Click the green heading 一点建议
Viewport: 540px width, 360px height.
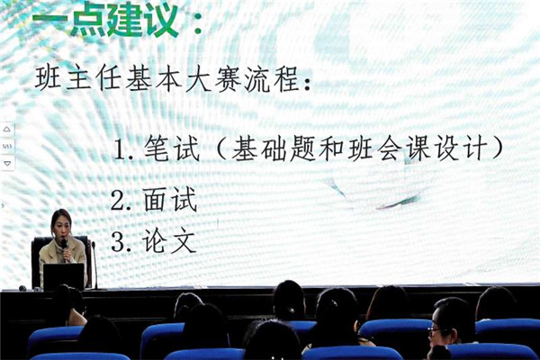[x=105, y=20]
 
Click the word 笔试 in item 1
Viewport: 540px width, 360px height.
[x=172, y=148]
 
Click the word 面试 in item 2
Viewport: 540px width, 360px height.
[x=170, y=199]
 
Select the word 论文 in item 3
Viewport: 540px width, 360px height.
[x=169, y=240]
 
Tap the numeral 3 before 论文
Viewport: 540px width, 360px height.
[x=118, y=242]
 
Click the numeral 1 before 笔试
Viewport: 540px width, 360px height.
[x=120, y=150]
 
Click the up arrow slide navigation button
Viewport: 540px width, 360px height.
[x=7, y=130]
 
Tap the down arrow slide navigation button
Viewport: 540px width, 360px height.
[x=7, y=163]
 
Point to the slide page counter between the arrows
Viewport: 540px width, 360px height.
[x=7, y=147]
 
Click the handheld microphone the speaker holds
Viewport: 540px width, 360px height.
[x=64, y=247]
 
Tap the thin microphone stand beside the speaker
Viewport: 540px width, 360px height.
[x=94, y=265]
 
